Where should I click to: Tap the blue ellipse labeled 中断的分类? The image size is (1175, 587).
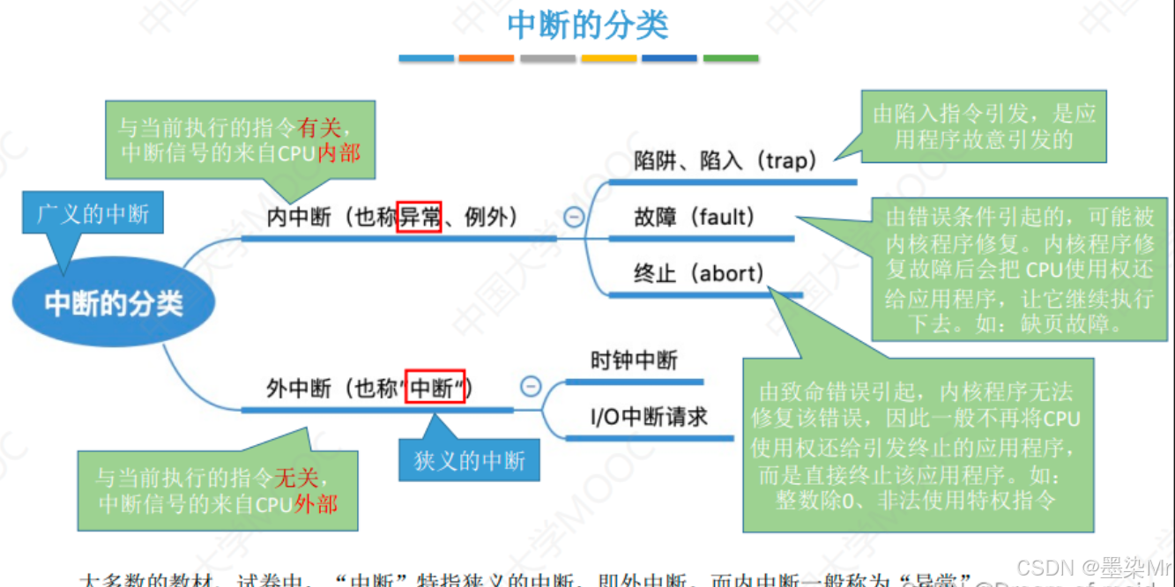point(114,304)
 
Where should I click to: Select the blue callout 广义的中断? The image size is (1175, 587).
point(93,214)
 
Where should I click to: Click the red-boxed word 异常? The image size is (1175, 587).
point(420,217)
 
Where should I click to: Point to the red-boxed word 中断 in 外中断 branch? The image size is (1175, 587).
point(435,388)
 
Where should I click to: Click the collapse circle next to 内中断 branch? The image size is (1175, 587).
point(574,216)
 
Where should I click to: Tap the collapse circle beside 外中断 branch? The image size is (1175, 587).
point(531,386)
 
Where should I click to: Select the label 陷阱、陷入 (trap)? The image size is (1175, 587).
point(725,160)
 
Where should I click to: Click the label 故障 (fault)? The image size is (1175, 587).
point(695,217)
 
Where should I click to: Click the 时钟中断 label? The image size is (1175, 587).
point(635,360)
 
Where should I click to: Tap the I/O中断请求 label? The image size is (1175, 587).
point(649,416)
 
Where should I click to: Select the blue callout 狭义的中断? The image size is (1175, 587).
point(470,461)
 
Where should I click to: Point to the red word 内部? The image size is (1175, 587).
point(339,152)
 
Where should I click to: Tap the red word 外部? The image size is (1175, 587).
point(316,504)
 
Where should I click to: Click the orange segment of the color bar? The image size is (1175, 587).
point(487,58)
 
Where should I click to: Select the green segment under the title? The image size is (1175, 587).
point(731,58)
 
